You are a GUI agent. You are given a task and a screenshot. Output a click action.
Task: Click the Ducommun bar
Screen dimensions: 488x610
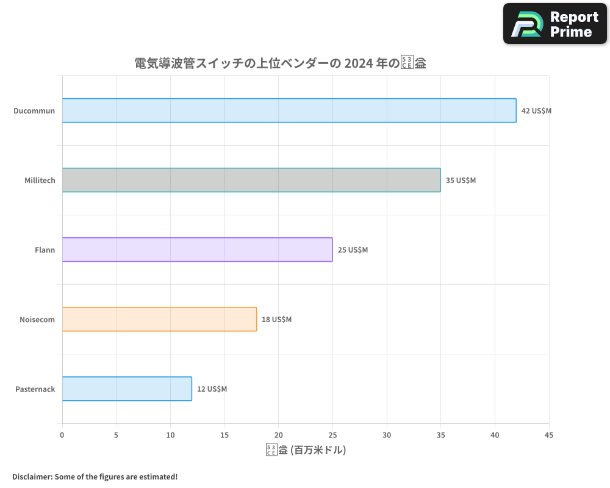[289, 110]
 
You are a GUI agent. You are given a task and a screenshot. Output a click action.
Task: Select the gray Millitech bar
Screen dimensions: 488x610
[251, 180]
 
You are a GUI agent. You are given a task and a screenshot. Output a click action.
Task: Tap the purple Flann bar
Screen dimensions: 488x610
[197, 249]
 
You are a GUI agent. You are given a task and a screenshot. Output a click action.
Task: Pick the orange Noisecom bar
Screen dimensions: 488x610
[159, 319]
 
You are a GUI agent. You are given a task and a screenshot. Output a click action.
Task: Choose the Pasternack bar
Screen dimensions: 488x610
[127, 389]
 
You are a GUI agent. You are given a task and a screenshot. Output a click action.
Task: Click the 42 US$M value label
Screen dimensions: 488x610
[536, 111]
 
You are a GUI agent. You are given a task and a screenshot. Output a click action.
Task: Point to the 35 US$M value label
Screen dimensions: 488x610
[461, 181]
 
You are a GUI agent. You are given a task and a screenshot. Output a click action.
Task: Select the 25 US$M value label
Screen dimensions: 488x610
[353, 250]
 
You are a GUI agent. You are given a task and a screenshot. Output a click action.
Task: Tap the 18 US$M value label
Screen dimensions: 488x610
[276, 320]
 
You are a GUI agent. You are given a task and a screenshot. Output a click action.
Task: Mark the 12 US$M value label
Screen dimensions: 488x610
[212, 389]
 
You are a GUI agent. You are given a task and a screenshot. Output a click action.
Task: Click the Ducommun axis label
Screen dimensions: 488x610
[34, 111]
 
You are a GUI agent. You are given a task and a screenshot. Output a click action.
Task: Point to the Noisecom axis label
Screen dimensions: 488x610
[37, 320]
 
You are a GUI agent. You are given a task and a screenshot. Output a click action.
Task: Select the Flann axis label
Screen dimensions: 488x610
[45, 250]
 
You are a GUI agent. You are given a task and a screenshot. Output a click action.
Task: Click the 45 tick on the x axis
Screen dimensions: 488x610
[548, 435]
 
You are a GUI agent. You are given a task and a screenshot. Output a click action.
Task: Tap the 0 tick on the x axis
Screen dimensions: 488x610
[62, 435]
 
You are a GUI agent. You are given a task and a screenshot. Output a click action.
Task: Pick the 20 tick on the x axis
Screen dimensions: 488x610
[278, 435]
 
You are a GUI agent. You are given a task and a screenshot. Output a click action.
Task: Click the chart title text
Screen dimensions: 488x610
[280, 63]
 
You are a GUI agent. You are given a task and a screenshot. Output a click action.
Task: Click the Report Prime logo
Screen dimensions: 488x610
[555, 24]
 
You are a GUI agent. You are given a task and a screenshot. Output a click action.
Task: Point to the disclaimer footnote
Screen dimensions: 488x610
[95, 476]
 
